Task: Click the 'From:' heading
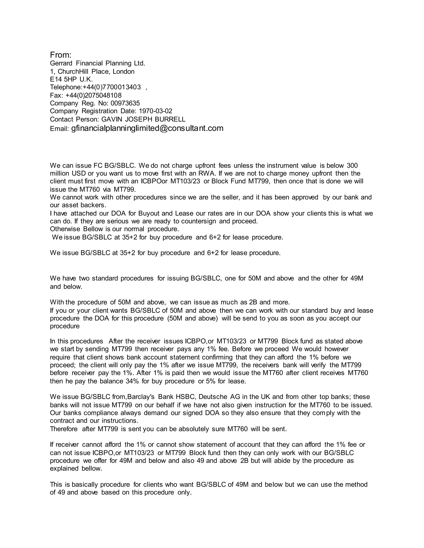click(x=60, y=55)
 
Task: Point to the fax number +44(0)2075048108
click(x=93, y=95)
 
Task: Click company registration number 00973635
click(x=125, y=103)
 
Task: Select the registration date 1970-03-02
click(x=155, y=111)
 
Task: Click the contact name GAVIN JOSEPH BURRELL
click(x=143, y=119)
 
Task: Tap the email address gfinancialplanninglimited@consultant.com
click(x=147, y=128)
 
